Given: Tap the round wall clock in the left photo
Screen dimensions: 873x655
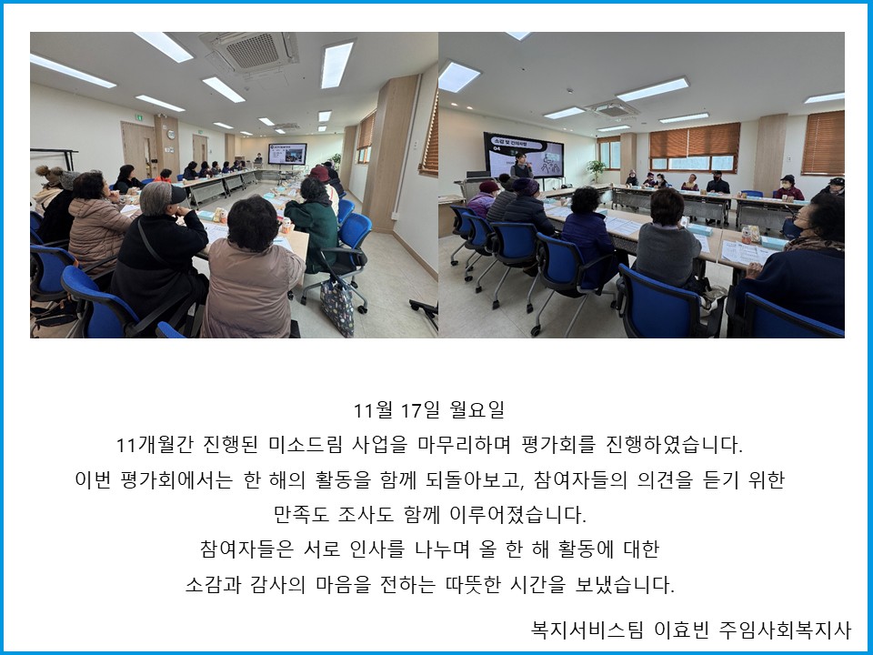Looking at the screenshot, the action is point(172,135).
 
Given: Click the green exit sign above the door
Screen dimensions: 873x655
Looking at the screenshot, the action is point(139,117).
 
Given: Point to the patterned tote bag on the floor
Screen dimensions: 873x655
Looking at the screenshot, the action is point(336,307).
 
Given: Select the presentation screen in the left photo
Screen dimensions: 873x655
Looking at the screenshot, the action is point(287,154).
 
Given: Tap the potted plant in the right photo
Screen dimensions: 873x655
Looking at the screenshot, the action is point(597,170).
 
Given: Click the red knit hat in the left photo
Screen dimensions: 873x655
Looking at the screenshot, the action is point(319,173).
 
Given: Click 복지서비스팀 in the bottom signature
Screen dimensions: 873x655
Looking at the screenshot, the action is point(587,630).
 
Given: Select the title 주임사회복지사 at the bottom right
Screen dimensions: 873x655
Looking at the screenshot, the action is point(785,630).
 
